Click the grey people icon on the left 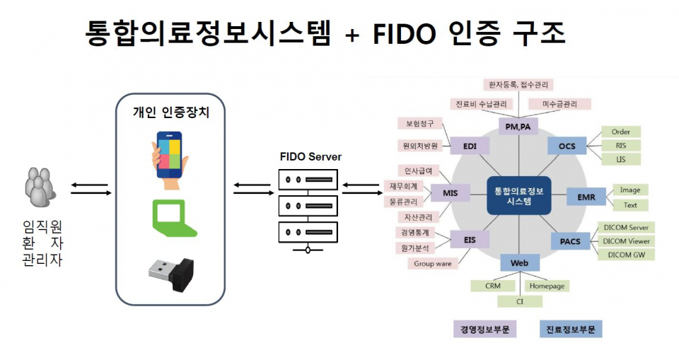point(40,187)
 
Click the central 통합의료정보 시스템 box point(519,195)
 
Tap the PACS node point(570,241)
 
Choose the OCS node point(567,146)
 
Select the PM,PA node point(519,127)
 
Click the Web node point(520,263)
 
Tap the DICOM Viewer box point(627,241)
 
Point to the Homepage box point(547,286)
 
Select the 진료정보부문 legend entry point(570,330)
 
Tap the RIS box point(621,146)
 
